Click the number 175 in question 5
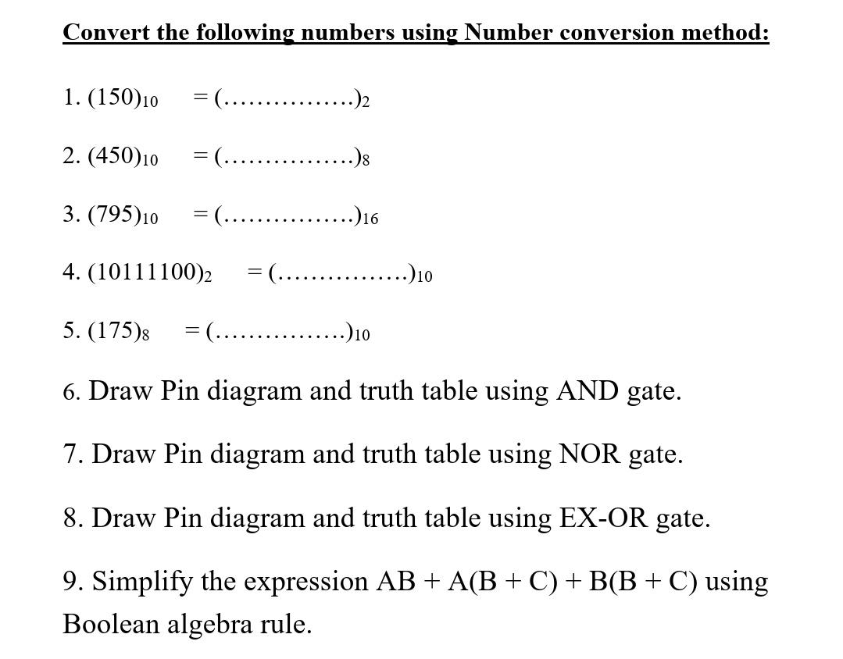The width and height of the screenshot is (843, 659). point(116,330)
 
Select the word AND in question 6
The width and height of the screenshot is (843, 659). point(587,390)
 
